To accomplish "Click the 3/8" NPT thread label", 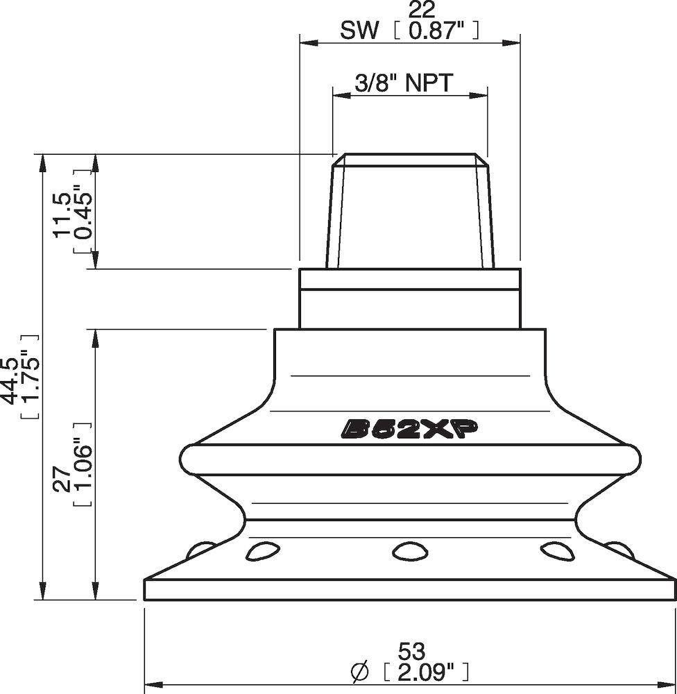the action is (x=404, y=83).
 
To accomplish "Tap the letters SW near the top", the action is (x=360, y=31).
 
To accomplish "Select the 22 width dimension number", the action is (x=422, y=10).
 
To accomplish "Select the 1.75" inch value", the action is (x=30, y=376).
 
